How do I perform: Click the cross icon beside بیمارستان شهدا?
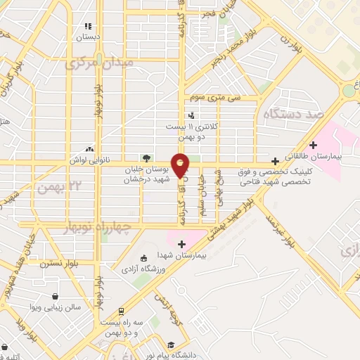coord(182,244)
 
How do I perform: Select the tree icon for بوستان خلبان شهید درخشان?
coord(146,157)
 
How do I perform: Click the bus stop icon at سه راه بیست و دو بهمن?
coord(120,310)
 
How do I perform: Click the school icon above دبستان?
coord(89,26)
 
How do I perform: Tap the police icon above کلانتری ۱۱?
coord(191,115)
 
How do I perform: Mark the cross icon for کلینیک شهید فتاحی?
coord(284,161)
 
